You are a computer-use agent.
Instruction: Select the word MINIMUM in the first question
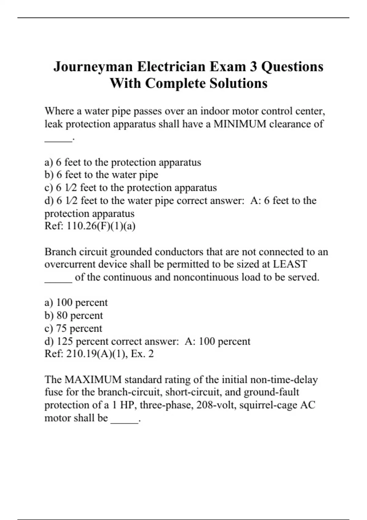(x=240, y=124)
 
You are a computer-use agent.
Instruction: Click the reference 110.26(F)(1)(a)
(x=101, y=226)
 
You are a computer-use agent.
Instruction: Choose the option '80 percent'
(x=80, y=315)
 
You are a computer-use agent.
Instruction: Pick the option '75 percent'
(x=79, y=328)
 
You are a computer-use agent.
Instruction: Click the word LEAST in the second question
(x=290, y=264)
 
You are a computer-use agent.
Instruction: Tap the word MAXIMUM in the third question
(x=93, y=380)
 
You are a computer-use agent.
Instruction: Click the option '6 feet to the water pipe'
(x=107, y=175)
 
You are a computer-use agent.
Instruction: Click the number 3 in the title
(x=253, y=67)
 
